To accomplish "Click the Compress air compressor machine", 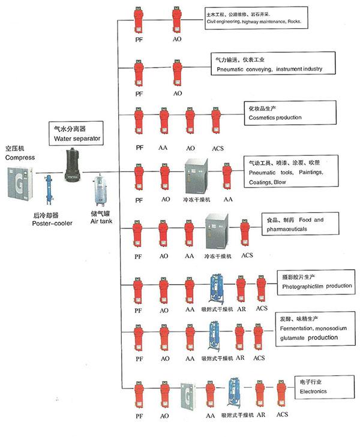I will pos(17,183).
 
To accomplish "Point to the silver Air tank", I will pos(98,191).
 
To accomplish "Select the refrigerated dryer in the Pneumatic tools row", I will pos(197,174).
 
